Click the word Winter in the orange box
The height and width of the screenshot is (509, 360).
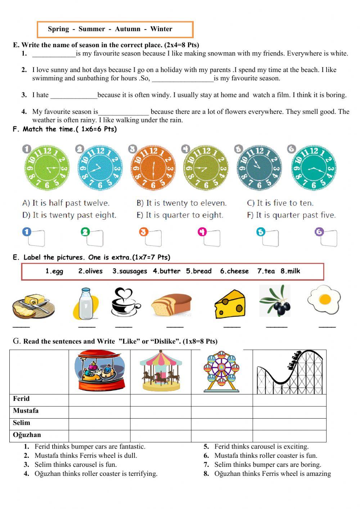tap(161, 29)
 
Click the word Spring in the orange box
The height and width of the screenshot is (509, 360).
tap(58, 29)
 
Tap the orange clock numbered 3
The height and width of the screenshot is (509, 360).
tap(153, 168)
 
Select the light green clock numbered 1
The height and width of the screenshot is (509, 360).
tap(47, 168)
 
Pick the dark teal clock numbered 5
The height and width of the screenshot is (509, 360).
tap(259, 168)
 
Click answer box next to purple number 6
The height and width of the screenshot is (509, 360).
tap(329, 238)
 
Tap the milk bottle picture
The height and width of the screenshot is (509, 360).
tap(85, 304)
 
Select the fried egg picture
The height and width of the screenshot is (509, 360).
tap(324, 299)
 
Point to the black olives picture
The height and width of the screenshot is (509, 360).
tap(275, 301)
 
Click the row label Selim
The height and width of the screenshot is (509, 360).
tap(22, 423)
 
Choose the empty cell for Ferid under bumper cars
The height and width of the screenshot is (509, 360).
tap(99, 400)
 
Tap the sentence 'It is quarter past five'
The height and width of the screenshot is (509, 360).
tap(291, 215)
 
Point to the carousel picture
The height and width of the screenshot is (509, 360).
tap(161, 371)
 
